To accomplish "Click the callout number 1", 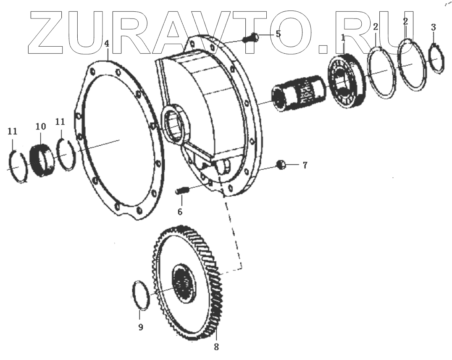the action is [x=343, y=38].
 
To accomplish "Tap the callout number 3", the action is [x=434, y=28].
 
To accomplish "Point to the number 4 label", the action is [x=107, y=44].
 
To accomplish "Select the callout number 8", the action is [x=216, y=347].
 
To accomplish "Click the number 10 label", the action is [x=40, y=126].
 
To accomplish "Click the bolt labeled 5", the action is [x=251, y=39].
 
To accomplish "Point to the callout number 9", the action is [x=141, y=327].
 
